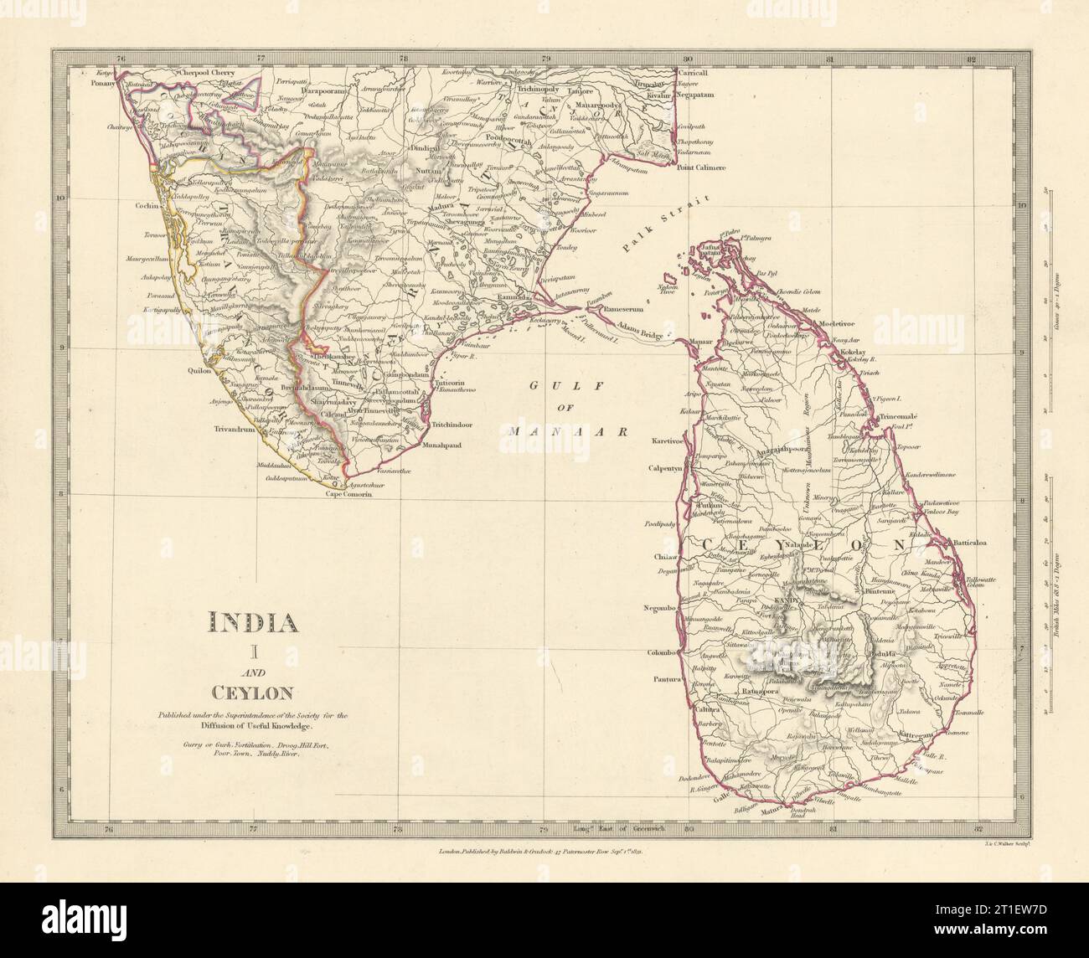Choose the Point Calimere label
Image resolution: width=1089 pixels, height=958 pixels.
pyautogui.click(x=699, y=167)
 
